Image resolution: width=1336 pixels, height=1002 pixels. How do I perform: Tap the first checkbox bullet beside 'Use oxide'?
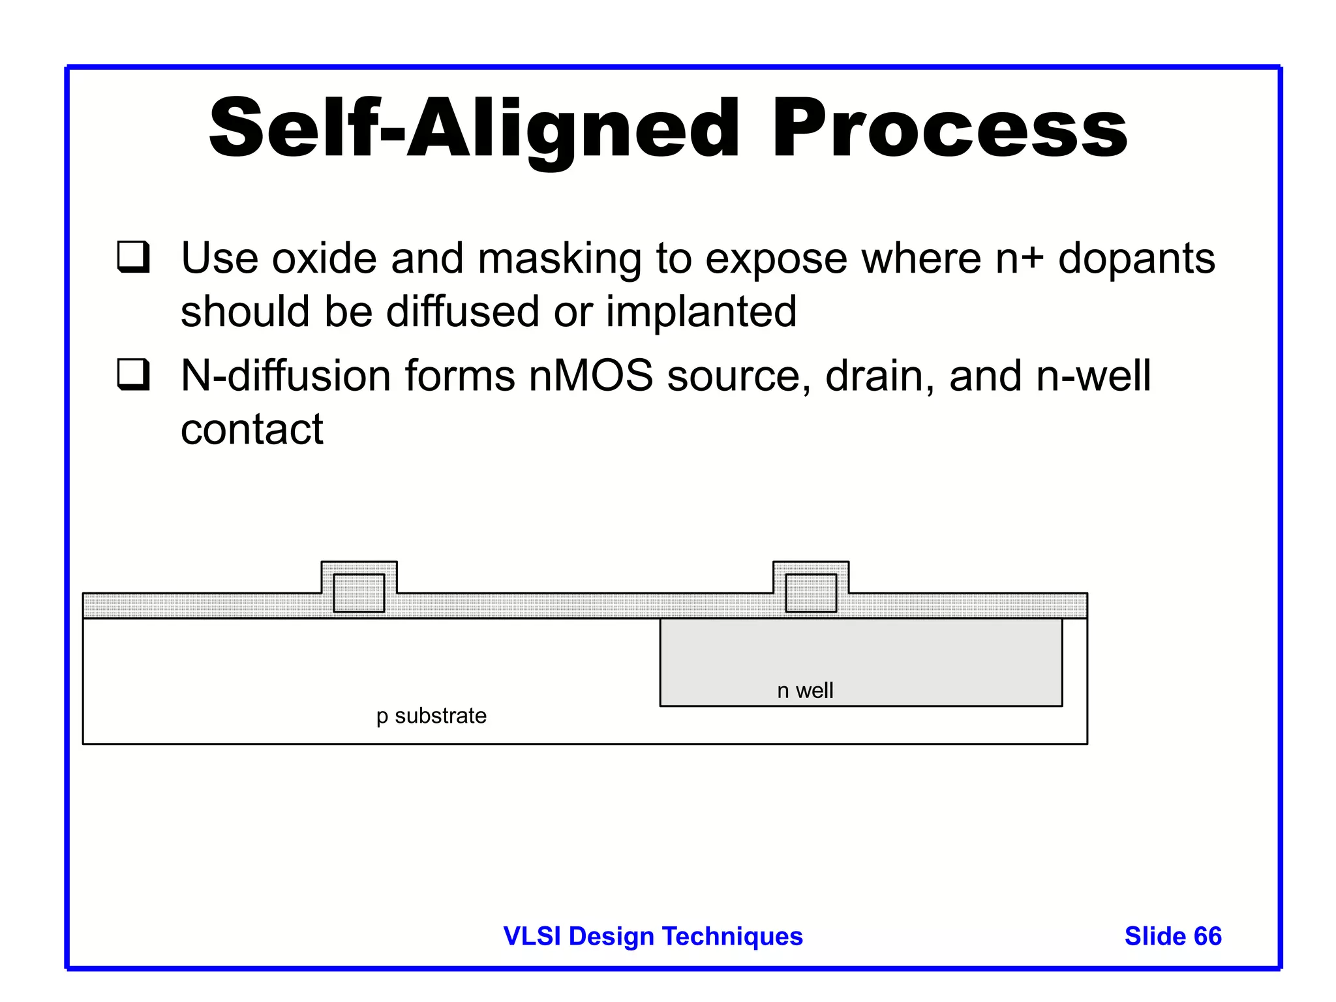pos(134,257)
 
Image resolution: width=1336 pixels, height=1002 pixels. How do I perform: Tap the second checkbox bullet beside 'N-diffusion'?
pos(134,374)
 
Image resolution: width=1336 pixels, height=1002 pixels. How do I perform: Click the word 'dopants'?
pos(1136,259)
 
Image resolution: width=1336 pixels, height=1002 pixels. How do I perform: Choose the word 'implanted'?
pos(701,311)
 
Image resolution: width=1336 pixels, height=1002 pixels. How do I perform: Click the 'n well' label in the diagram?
pos(805,690)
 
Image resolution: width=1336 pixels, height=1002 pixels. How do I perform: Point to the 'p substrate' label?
pos(431,716)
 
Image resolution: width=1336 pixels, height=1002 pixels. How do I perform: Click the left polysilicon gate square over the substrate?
pos(359,592)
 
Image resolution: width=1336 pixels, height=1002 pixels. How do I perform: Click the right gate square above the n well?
pos(811,592)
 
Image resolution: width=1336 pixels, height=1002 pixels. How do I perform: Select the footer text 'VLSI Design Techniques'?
pos(653,936)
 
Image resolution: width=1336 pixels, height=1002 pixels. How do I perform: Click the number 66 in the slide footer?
pos(1207,936)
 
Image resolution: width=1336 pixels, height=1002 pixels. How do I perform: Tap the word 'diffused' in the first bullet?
pos(463,311)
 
